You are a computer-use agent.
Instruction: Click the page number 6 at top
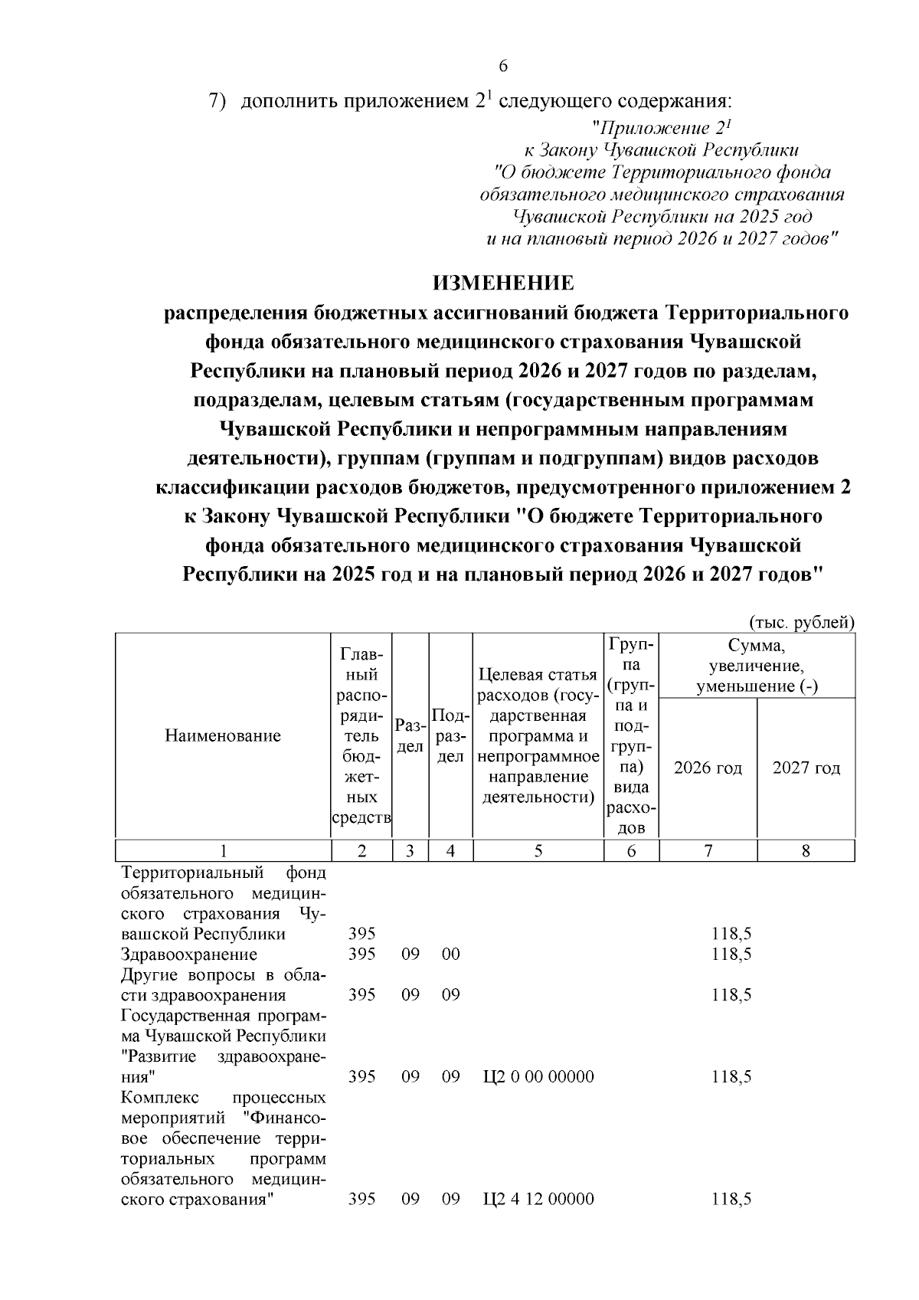pos(503,66)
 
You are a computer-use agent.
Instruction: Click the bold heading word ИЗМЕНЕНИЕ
pos(503,283)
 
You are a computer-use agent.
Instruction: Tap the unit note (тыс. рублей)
pos(800,622)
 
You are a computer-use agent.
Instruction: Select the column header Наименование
pos(223,736)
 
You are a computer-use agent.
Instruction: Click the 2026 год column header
pos(708,768)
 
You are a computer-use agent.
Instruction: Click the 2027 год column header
pos(806,768)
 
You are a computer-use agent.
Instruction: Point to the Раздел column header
pos(410,736)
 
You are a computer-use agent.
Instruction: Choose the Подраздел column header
pos(450,736)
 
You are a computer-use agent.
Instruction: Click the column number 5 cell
pos(538,850)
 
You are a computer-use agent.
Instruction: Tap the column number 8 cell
pos(806,850)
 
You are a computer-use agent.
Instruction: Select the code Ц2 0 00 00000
pos(539,1076)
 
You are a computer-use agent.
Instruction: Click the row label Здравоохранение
pos(189,955)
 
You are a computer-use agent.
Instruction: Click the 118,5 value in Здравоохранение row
pos(731,955)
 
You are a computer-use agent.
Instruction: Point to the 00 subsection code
pos(450,955)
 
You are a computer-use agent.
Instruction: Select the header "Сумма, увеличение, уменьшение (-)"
pos(757,665)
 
